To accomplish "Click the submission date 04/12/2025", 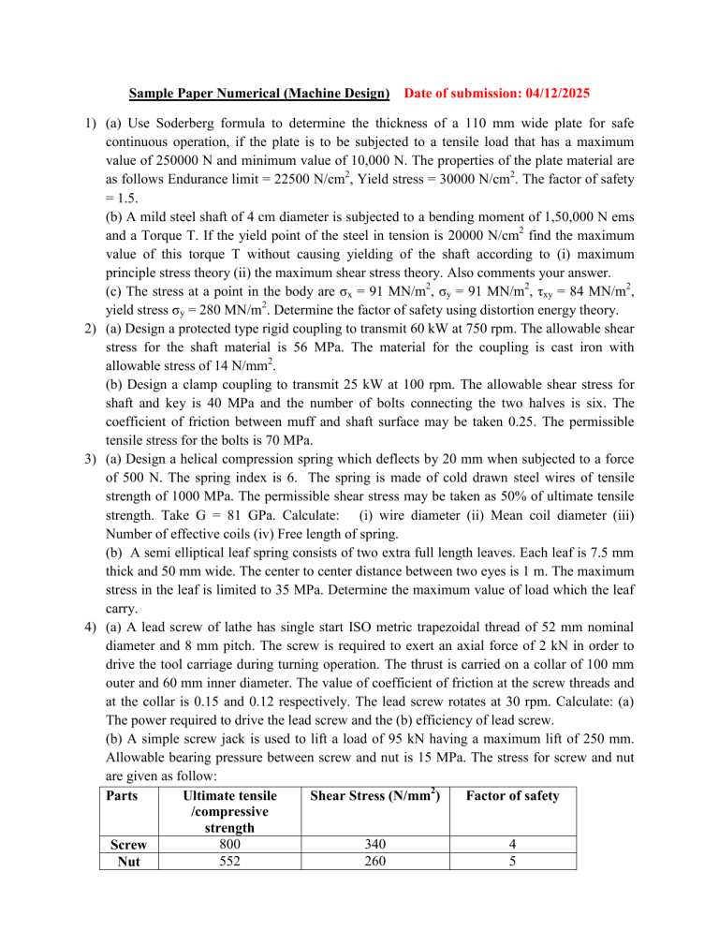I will pyautogui.click(x=549, y=94).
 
